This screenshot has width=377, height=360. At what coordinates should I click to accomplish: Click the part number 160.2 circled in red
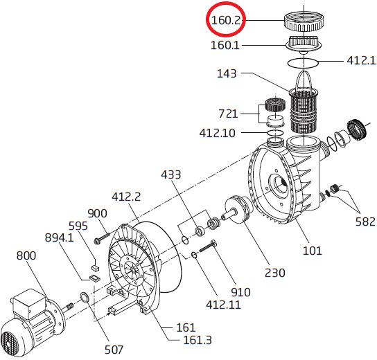[225, 20]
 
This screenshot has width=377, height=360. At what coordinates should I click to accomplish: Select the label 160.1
[225, 45]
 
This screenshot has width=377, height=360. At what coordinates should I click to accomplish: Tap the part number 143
[227, 73]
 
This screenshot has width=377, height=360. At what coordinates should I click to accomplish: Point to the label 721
[228, 114]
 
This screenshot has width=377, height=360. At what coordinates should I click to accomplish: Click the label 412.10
[217, 133]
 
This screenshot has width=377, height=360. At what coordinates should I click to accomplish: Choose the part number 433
[170, 174]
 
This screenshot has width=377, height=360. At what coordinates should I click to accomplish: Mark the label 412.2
[126, 197]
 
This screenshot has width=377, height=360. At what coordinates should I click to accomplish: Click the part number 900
[97, 213]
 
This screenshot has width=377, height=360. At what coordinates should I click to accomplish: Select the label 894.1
[59, 237]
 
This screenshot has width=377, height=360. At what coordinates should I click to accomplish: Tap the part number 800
[26, 255]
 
